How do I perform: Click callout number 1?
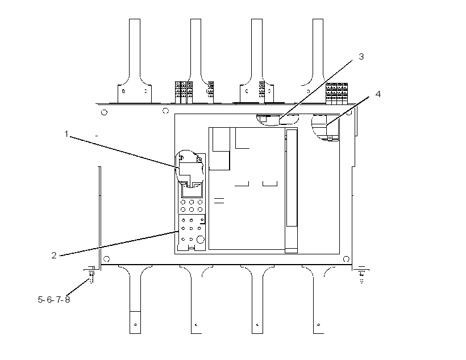66,134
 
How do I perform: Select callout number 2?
54,255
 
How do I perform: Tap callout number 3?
361,56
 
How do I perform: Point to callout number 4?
378,94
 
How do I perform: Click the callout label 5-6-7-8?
54,299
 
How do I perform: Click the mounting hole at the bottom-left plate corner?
107,259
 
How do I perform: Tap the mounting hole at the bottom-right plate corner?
346,259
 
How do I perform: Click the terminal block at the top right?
337,94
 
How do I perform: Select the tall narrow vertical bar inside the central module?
291,190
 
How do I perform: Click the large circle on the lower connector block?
201,240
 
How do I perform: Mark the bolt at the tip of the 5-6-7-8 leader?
91,275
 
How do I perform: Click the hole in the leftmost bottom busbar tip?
135,325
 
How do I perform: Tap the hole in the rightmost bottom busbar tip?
319,325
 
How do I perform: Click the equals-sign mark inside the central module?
219,201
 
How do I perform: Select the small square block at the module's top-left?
221,140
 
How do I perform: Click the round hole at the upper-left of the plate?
104,112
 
